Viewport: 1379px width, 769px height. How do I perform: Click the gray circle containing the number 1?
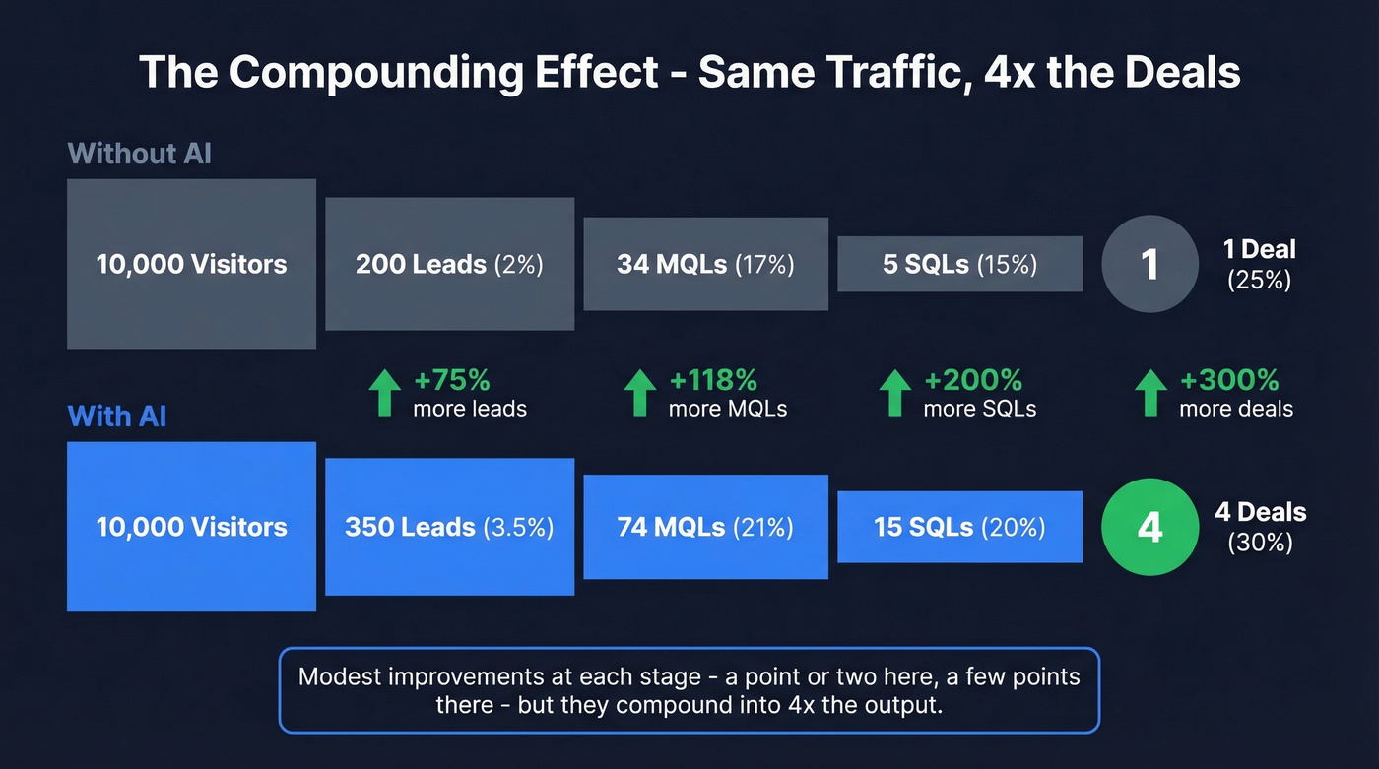(1149, 264)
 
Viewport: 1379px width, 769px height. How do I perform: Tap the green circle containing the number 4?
(1149, 527)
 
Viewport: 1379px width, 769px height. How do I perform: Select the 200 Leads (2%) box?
(449, 264)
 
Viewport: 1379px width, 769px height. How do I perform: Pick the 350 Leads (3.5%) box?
(449, 527)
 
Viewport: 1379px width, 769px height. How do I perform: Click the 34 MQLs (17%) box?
(705, 264)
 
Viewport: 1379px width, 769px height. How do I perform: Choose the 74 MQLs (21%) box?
(705, 527)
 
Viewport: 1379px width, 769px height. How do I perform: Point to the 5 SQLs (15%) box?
(959, 264)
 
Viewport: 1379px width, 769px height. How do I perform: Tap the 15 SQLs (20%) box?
(959, 527)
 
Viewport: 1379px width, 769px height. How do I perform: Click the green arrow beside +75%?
(385, 393)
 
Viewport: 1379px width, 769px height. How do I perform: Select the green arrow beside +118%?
(640, 393)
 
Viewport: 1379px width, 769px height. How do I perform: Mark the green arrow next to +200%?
(895, 393)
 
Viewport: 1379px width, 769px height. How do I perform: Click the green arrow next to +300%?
(1150, 393)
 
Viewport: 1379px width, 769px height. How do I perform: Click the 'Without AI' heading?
(139, 154)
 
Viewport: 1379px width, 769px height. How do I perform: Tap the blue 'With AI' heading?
(117, 416)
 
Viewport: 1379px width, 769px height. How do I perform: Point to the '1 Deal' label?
(1259, 249)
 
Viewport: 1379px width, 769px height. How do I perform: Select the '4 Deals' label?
(1260, 512)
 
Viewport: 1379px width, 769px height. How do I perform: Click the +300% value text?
(1229, 380)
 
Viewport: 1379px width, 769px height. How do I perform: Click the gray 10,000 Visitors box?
(191, 264)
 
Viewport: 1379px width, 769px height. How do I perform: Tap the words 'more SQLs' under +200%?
(979, 409)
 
